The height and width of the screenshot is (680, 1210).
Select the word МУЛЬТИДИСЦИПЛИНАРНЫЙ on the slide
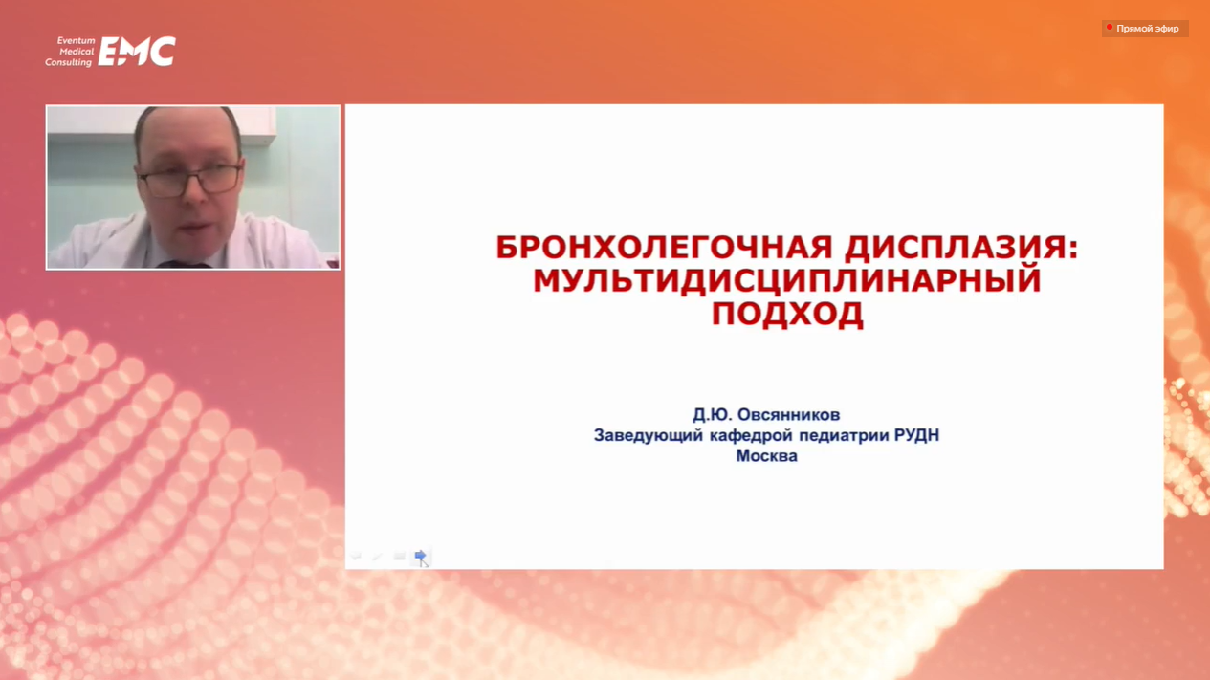tap(786, 281)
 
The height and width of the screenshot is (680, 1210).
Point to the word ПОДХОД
tap(787, 314)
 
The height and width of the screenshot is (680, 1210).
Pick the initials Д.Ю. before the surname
tap(712, 415)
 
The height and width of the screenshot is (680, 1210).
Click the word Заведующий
tap(648, 435)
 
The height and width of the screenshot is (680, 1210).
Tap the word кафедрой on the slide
tap(751, 435)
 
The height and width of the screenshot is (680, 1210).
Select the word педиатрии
tap(844, 435)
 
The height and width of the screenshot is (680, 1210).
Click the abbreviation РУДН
tap(916, 435)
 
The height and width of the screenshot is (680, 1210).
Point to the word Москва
tap(766, 456)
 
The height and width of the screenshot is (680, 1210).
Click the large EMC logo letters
tap(137, 52)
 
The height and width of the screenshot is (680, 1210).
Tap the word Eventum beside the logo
tap(76, 40)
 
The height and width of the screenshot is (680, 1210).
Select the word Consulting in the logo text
tap(69, 63)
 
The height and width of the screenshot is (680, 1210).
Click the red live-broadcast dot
tap(1109, 27)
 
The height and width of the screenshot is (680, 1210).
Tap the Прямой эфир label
tap(1147, 29)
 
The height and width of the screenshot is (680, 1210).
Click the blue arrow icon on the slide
tap(420, 556)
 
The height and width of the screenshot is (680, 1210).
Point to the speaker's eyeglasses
tap(189, 180)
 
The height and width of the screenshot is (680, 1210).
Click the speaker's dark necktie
tap(183, 265)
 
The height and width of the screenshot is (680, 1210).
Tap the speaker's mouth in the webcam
tap(194, 228)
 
